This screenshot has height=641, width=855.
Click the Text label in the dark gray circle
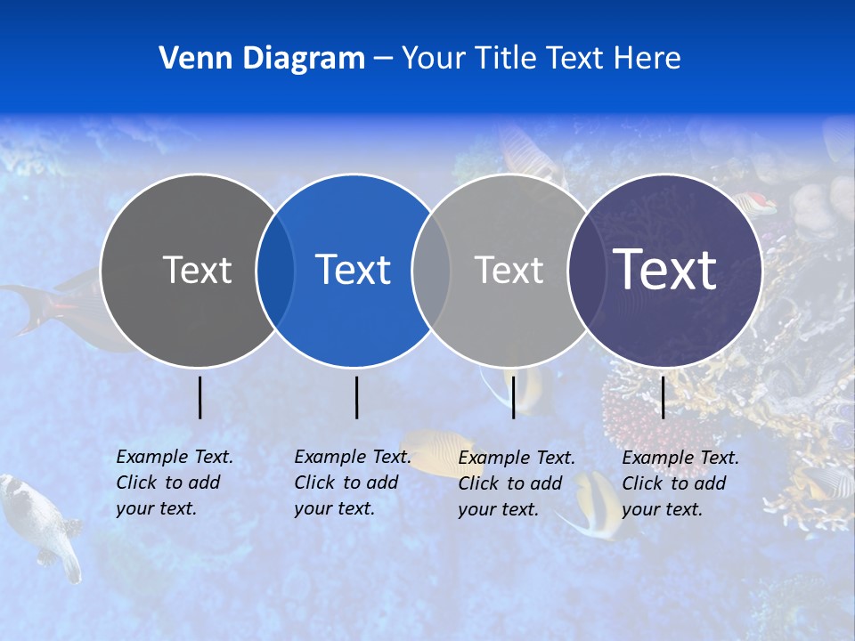[197, 270]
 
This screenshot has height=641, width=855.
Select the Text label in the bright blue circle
[353, 270]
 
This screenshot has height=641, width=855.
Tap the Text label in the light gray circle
[509, 270]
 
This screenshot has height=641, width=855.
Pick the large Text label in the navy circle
[664, 269]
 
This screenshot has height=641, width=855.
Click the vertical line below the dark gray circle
[200, 397]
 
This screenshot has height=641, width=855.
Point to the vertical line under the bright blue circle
[356, 397]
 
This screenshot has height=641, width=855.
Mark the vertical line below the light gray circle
[513, 397]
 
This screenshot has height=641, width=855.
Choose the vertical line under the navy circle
[664, 397]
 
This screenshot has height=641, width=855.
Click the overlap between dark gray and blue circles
[276, 271]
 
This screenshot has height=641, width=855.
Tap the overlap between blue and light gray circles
[431, 271]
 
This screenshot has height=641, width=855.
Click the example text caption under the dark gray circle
[174, 483]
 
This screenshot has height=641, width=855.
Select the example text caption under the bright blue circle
[352, 483]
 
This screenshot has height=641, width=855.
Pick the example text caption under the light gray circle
[516, 483]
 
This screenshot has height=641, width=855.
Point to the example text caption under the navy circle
[680, 483]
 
